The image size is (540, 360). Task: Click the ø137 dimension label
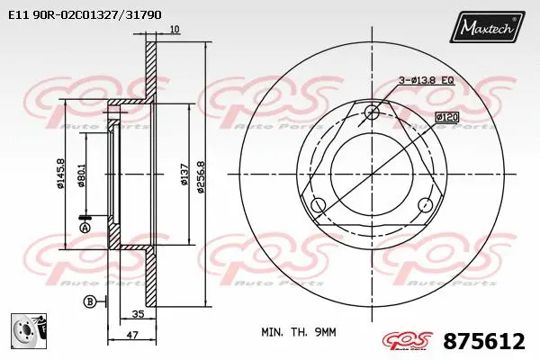184,175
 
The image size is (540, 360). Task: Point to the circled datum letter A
85,229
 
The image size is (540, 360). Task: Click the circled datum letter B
90,300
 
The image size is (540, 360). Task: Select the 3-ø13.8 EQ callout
427,80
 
